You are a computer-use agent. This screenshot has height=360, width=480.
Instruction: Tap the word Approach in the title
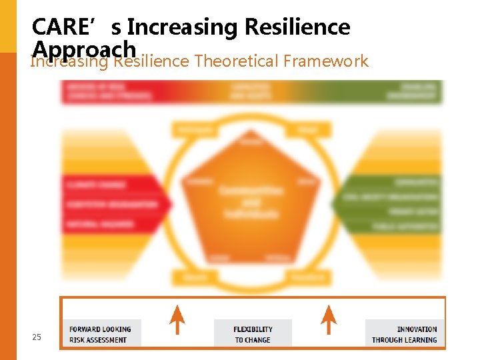tap(84, 49)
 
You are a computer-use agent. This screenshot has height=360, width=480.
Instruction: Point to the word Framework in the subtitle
tap(325, 61)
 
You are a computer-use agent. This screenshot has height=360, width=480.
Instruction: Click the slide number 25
tap(37, 337)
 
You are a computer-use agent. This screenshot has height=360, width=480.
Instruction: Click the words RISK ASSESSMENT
tap(97, 340)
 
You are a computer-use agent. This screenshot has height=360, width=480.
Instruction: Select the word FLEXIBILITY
tap(253, 329)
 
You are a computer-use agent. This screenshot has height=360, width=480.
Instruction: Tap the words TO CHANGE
tap(253, 340)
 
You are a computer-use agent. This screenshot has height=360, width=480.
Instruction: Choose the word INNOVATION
tap(417, 329)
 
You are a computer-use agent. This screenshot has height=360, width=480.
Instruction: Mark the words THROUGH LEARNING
tap(405, 340)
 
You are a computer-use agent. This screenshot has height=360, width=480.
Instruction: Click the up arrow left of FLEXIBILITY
tap(177, 319)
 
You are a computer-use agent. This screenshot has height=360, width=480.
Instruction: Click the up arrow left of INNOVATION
tap(328, 319)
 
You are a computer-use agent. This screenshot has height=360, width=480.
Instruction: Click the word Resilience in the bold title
tap(297, 27)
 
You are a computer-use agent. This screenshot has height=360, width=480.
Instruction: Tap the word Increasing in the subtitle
tap(69, 61)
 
